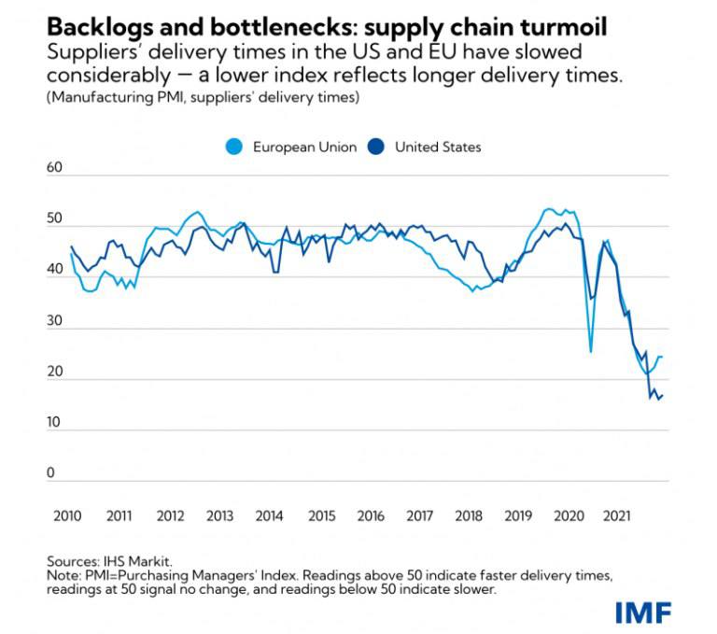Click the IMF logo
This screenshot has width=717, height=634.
coord(643,612)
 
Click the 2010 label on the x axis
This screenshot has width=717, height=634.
coord(68,515)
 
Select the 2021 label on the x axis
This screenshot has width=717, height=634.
coord(616,515)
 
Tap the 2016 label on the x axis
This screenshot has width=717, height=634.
coord(370,515)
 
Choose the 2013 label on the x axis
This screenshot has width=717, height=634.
coord(219,515)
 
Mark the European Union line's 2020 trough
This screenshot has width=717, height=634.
coord(591,352)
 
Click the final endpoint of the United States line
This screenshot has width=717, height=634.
coord(663,396)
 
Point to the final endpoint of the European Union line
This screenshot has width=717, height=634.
coord(662,357)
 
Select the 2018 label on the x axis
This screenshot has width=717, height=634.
coord(469,515)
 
